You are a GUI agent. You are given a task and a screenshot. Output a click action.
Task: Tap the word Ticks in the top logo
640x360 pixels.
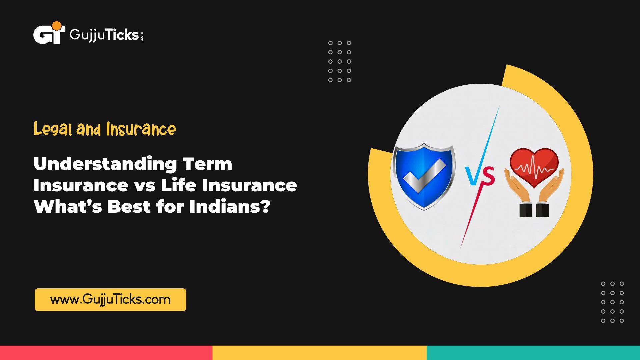(x=122, y=34)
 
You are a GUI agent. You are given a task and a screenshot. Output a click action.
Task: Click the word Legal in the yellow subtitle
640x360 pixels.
(x=53, y=129)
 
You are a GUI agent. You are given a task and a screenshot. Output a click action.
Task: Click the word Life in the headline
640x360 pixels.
(x=179, y=185)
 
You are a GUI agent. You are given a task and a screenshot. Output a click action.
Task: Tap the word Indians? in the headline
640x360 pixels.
(x=230, y=207)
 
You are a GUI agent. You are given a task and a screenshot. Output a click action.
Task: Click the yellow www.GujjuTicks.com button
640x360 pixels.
(x=110, y=299)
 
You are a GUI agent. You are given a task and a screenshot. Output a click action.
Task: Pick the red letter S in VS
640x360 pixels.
(x=487, y=177)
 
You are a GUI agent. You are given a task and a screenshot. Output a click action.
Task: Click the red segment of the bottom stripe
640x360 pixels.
(x=106, y=353)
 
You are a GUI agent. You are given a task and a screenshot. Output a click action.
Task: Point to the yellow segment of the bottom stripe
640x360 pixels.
(x=319, y=353)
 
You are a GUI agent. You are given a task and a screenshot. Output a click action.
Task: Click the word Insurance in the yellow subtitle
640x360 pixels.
(x=141, y=129)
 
